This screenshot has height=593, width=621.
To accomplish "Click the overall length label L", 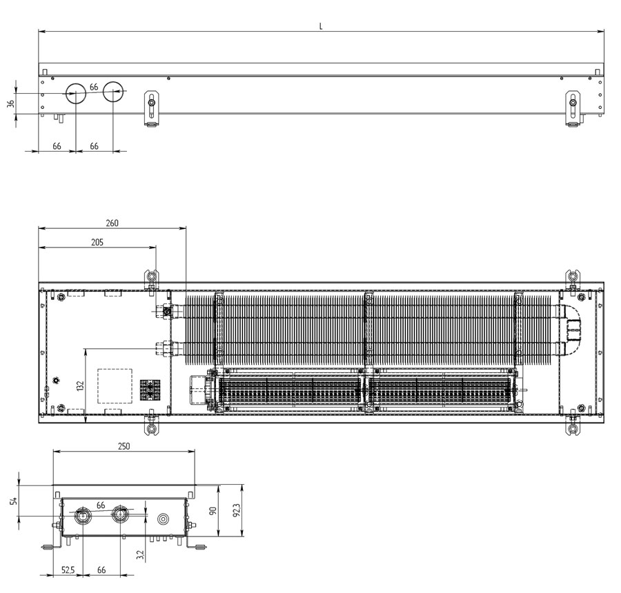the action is pos(321,26).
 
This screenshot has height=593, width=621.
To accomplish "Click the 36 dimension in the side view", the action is pos(10,103).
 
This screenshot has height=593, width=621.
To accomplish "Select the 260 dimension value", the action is pos(112,223).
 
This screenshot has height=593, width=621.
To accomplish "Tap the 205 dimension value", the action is pos(97,242).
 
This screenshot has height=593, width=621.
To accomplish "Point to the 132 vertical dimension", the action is pos(81,386).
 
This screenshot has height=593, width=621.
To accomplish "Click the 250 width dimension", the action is pos(124,446).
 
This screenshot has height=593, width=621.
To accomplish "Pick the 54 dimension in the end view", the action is pos(14,501).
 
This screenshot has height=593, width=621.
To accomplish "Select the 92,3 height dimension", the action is pos(237,511).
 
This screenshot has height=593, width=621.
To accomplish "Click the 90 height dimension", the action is pos(213,511).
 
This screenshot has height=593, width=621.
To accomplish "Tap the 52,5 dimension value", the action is pos(68,570).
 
